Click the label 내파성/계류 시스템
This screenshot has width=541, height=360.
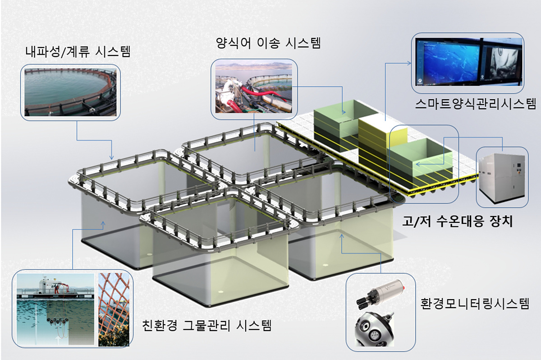[x=78, y=52]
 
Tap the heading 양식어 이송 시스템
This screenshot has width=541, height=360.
[x=268, y=43]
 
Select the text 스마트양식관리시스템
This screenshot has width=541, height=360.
[x=475, y=103]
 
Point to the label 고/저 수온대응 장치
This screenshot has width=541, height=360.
[x=457, y=222]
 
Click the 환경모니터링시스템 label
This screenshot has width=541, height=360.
[x=475, y=304]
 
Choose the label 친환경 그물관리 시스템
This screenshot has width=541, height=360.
[x=207, y=325]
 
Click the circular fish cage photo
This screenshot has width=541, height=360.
[x=70, y=92]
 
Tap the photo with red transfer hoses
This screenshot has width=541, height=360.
[x=253, y=88]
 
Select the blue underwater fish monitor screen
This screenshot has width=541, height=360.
[x=448, y=62]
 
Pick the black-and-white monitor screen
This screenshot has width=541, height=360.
[x=501, y=62]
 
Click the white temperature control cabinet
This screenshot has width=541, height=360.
[x=502, y=178]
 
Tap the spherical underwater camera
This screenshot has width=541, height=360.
[x=374, y=329]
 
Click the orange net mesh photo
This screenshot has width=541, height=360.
[x=114, y=309]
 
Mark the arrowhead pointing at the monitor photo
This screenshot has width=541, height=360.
[x=409, y=63]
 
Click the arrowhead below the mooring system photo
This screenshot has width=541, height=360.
[x=112, y=157]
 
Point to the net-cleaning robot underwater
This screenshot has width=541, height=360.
[x=58, y=321]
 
